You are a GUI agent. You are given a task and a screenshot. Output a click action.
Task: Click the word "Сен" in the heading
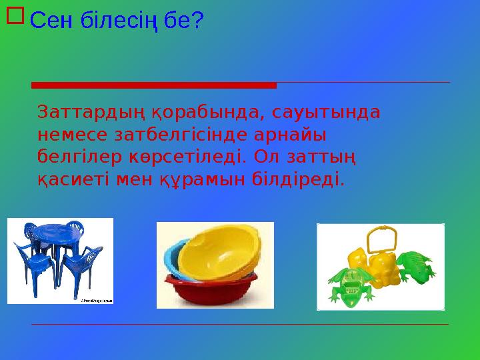tap(51, 21)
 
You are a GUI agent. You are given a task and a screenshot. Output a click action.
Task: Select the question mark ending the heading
tap(197, 21)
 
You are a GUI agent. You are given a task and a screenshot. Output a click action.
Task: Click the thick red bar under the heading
tap(153, 85)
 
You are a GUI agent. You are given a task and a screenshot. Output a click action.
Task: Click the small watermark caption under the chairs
tap(96, 301)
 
